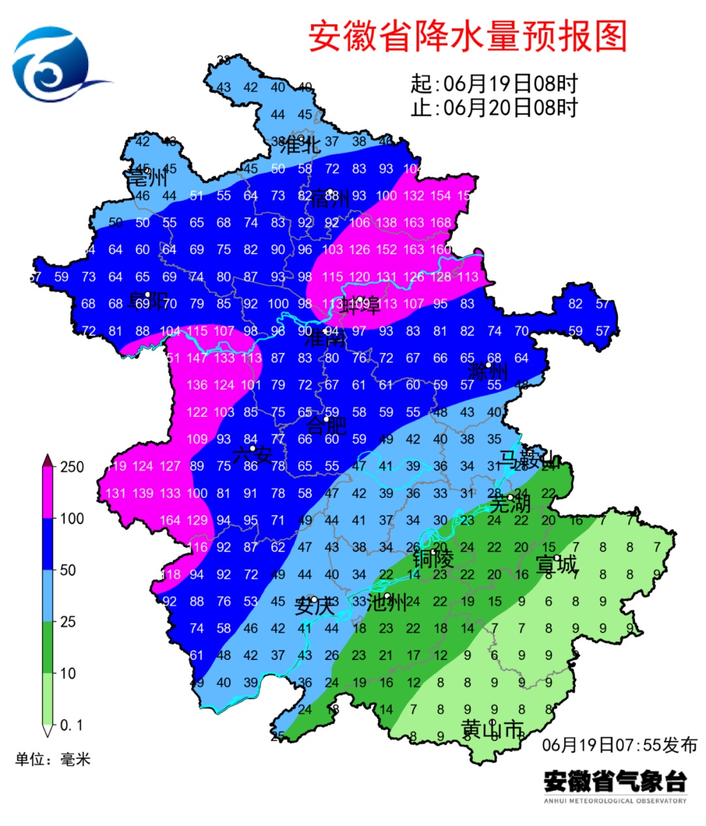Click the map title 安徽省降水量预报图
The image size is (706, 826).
point(467,37)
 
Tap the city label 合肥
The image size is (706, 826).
point(326,425)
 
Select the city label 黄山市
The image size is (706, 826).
point(492,729)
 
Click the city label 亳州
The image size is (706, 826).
point(146,176)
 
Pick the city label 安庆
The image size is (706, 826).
point(315,606)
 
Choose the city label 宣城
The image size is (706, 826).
point(556,564)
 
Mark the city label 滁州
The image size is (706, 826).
point(488,372)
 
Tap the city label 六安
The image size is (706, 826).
point(252,454)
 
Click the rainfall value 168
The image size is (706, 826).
point(441,223)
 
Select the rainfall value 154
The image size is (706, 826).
point(441,195)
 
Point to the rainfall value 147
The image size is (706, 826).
point(197,358)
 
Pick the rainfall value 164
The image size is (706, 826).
point(170,521)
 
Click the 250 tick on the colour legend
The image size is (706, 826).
point(72,467)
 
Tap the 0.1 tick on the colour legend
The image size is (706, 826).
point(71,725)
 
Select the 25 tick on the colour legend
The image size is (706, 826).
point(68,621)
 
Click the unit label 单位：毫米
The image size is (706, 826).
point(53,759)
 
